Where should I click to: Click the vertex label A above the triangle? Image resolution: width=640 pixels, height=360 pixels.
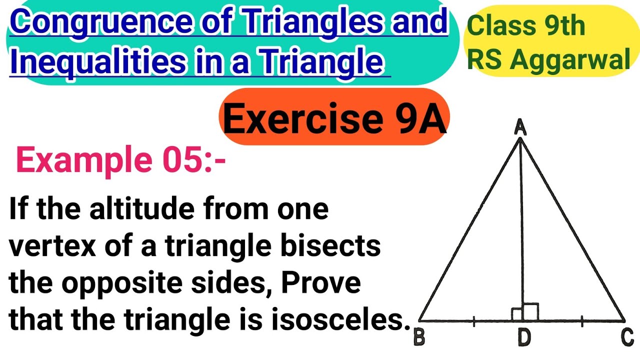(x=520, y=127)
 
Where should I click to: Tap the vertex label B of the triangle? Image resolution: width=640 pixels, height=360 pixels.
(x=419, y=337)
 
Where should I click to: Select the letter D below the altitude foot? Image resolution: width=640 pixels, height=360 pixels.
(x=524, y=337)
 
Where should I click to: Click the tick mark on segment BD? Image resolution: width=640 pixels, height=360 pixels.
(x=474, y=321)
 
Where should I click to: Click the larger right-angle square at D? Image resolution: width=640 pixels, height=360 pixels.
(x=530, y=312)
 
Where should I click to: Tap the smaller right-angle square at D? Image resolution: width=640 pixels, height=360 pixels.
(x=517, y=314)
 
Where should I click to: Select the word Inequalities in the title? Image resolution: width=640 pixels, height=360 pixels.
(x=97, y=61)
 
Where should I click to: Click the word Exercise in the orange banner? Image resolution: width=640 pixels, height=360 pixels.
(x=303, y=118)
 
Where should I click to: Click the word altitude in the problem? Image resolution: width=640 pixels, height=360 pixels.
(x=142, y=208)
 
